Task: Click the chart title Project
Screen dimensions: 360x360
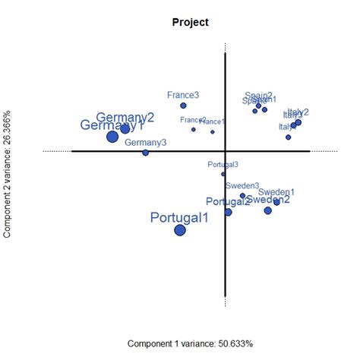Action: (191, 22)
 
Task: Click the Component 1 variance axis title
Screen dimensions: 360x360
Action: (190, 343)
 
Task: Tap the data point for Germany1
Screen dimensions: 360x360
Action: (112, 137)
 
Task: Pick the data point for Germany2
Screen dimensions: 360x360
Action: (125, 129)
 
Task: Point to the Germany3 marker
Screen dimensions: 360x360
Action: (146, 153)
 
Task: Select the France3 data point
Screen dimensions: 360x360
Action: (183, 106)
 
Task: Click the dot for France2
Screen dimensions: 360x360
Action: (194, 129)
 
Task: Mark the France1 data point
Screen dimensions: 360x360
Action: (213, 131)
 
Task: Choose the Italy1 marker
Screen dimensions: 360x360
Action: (289, 137)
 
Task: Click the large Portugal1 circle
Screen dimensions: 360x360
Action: (180, 230)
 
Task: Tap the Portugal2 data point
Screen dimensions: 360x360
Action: (228, 212)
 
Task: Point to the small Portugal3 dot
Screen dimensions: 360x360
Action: (223, 174)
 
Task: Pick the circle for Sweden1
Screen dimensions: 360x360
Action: (276, 202)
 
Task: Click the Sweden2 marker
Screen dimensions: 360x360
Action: (268, 210)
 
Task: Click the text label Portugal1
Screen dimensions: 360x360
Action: (179, 218)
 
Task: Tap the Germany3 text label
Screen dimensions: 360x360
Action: (146, 142)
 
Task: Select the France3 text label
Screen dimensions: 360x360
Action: (183, 95)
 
